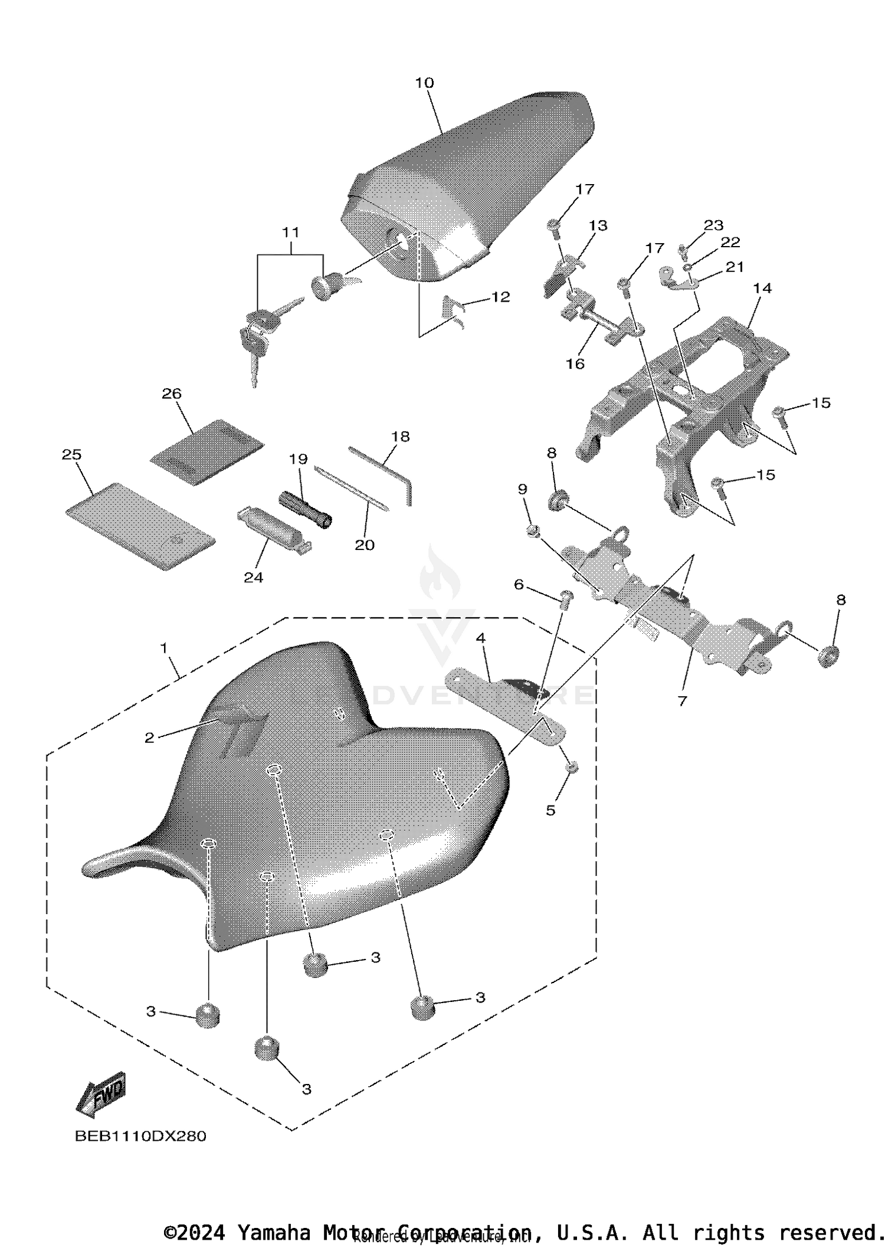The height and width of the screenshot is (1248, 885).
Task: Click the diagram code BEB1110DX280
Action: click(140, 1136)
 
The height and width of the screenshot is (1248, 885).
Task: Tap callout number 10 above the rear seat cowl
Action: click(424, 83)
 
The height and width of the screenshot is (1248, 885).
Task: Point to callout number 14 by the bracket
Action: click(762, 289)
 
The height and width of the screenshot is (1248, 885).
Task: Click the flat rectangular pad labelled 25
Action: click(140, 526)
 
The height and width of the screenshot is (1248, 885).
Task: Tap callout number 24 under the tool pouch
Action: click(253, 577)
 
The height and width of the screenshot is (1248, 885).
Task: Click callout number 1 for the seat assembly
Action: click(164, 648)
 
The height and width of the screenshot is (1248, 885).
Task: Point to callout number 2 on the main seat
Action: click(149, 738)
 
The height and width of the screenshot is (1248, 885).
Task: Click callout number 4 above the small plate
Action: click(481, 638)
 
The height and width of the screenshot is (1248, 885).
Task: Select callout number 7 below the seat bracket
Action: click(682, 701)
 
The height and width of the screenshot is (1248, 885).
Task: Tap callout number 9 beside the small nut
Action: click(523, 489)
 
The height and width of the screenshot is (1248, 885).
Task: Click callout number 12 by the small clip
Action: click(500, 297)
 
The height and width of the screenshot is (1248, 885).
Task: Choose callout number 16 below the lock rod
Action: click(575, 363)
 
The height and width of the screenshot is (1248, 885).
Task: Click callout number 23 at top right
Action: click(713, 225)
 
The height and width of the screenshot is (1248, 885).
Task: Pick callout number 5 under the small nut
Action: click(550, 810)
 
